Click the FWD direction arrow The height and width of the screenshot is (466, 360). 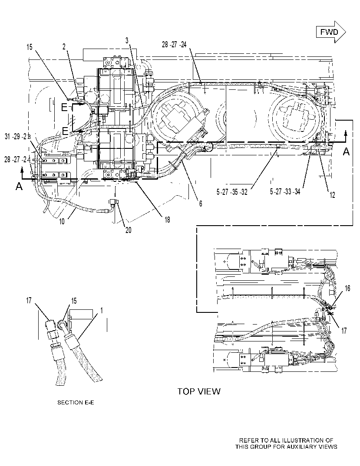[330, 32]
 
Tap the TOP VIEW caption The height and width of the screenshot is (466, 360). [199, 391]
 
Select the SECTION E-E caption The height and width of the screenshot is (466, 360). [76, 402]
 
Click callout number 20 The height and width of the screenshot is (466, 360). [128, 230]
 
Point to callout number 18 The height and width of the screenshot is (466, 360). [167, 219]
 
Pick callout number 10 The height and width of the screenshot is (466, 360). [62, 221]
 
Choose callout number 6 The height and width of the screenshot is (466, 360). [201, 203]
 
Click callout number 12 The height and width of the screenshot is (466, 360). [332, 195]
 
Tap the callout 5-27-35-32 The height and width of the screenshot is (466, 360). [232, 192]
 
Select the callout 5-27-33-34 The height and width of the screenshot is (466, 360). [285, 191]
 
